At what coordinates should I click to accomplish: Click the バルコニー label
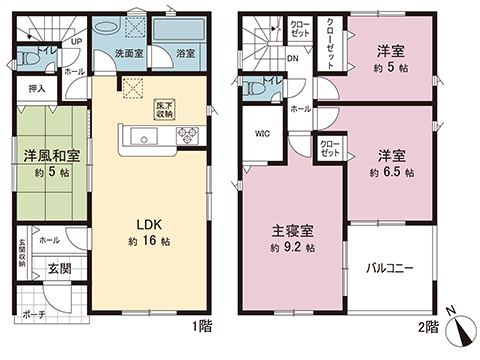coord(389,267)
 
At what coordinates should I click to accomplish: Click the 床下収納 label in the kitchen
coord(162,109)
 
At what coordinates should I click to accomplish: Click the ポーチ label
coord(33,314)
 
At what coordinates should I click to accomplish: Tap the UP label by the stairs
coord(76,41)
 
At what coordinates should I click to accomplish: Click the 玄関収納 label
coord(21,255)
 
